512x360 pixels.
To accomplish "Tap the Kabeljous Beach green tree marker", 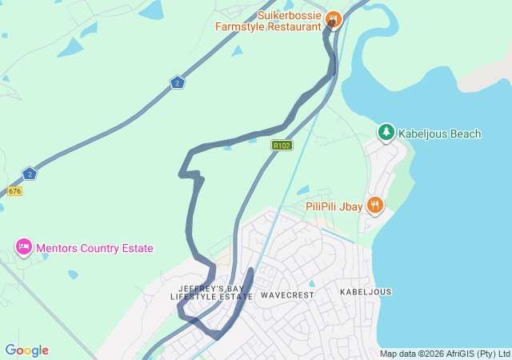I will coord(386,133).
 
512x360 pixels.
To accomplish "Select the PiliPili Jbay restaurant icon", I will coord(374,206).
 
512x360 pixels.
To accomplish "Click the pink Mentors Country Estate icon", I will coord(24,247).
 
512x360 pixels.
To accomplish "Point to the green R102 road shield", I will coord(282,146).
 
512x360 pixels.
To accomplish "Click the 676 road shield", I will coord(14,191).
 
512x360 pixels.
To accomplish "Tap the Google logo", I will coord(26,350).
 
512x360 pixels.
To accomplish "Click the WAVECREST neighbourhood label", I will coord(286,294).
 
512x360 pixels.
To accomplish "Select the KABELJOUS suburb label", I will coord(366,292).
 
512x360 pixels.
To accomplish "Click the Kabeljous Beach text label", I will coord(440,134).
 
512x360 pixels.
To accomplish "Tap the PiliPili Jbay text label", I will coord(334,206).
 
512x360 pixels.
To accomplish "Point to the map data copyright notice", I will coord(444,354).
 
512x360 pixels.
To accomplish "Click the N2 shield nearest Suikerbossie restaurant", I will coord(178,82).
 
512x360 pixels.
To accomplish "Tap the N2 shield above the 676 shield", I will coord(30,173).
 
